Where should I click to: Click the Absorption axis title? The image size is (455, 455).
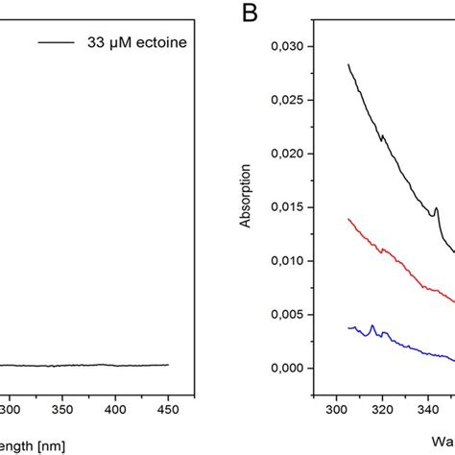[x=248, y=206]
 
